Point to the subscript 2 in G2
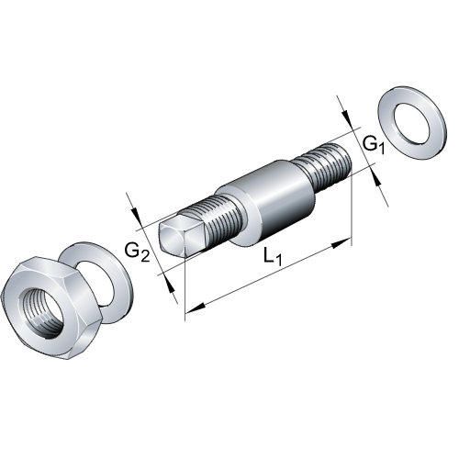coord(147,255)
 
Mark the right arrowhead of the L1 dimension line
coord(346,242)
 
